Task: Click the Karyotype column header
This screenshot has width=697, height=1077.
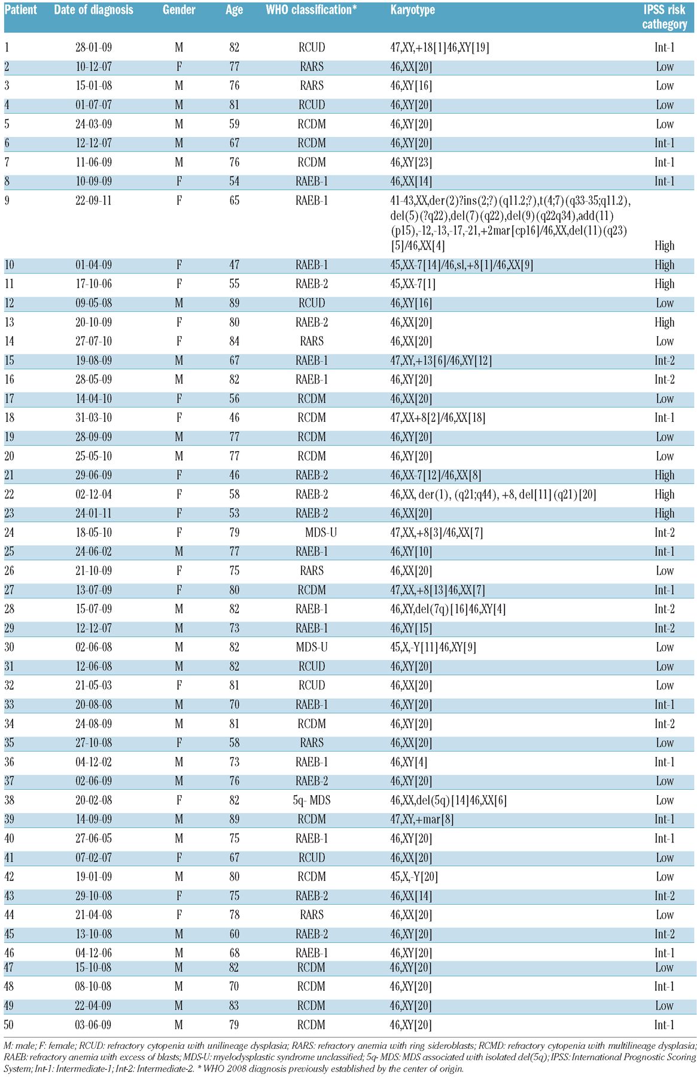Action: click(412, 10)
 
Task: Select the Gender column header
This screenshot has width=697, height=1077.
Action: click(179, 10)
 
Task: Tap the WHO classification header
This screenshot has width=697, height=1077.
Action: click(311, 10)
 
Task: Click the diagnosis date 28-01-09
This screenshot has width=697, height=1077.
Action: click(93, 48)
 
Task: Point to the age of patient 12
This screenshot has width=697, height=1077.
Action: click(234, 303)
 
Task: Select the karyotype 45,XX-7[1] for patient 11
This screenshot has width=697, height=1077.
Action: click(413, 284)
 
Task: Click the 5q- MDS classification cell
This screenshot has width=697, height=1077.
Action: click(312, 801)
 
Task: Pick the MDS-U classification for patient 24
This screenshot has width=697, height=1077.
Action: click(321, 533)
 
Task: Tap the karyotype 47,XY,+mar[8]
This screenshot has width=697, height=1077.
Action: click(422, 820)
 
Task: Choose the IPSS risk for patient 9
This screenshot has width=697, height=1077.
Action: click(664, 246)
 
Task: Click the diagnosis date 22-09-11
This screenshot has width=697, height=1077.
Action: click(93, 201)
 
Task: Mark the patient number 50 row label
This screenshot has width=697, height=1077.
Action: click(9, 1025)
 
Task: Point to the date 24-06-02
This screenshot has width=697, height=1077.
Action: click(93, 552)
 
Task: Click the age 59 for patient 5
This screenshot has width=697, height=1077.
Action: click(234, 124)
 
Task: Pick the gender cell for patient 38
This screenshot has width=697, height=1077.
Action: click(179, 801)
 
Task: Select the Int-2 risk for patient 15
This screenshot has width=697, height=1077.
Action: click(664, 361)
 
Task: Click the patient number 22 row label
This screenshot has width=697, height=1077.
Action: click(9, 495)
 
